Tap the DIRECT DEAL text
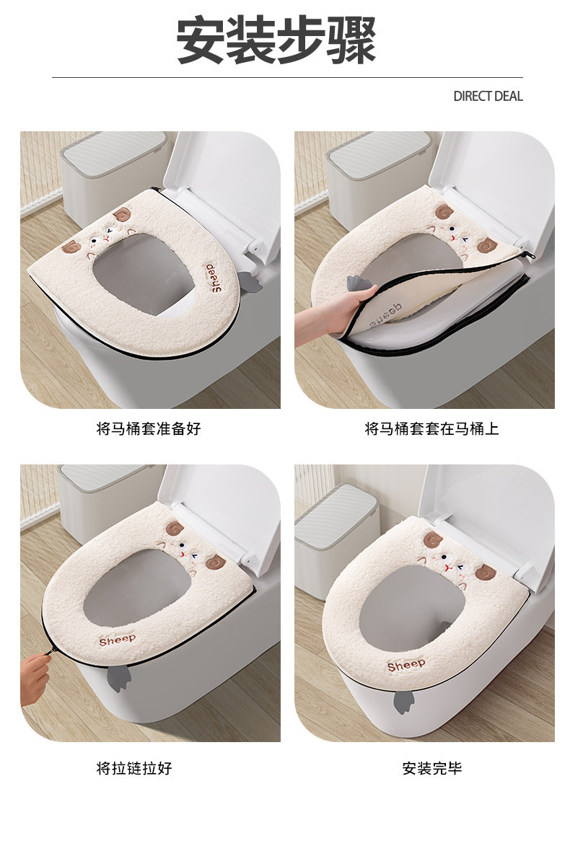pos(488,97)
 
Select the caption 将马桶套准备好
pos(149,429)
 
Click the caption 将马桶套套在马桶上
pos(431,429)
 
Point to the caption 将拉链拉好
pos(134,768)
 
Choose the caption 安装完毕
pos(432,768)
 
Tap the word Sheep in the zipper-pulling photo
pos(118,640)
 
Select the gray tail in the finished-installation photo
pos(403,702)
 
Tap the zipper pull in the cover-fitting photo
pos(528,255)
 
